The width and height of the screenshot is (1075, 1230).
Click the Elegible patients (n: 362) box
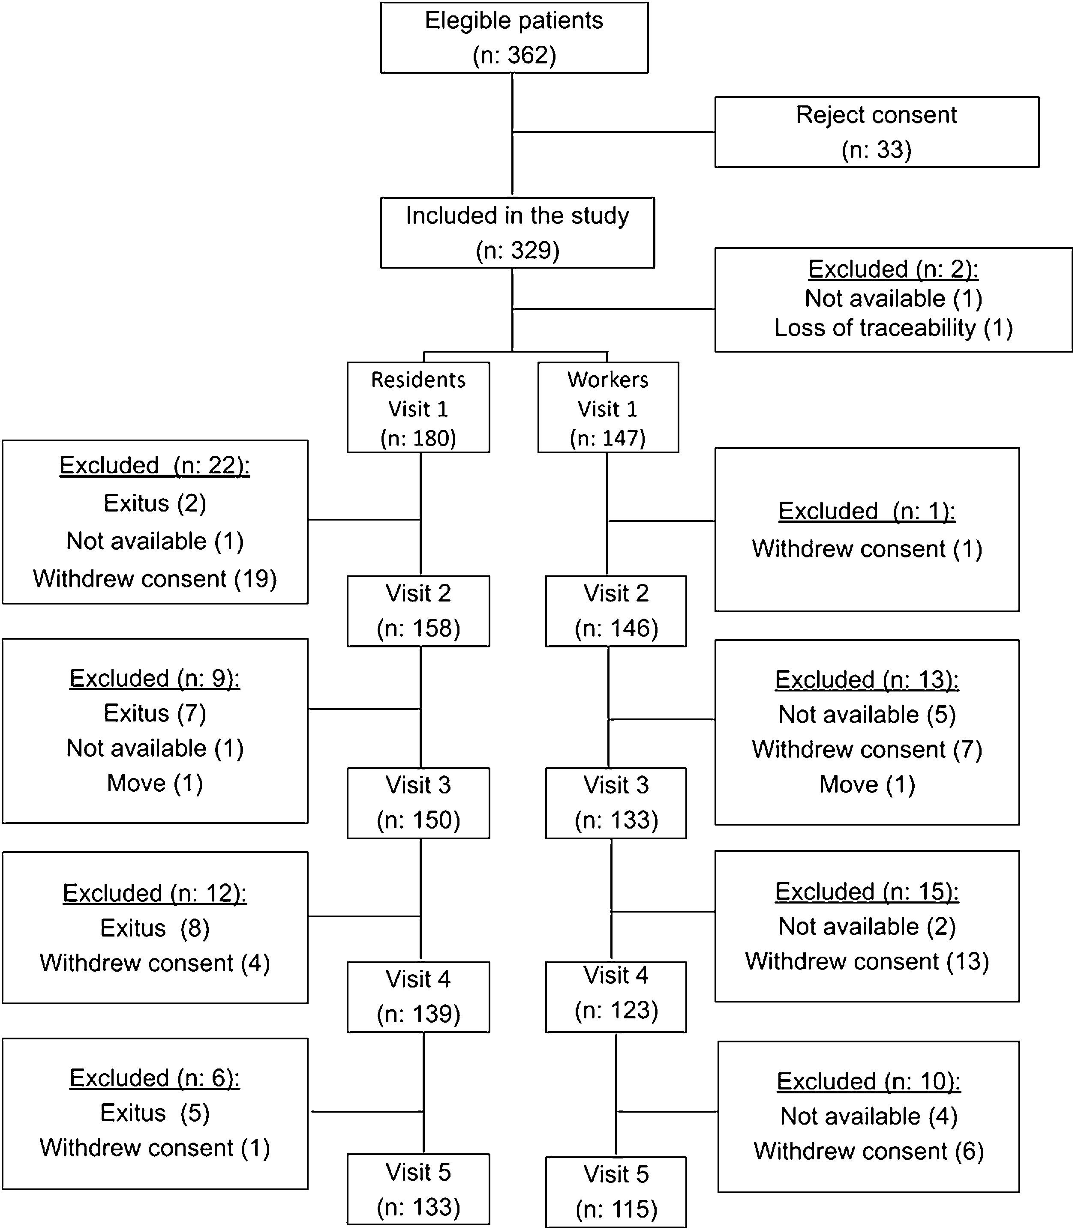[514, 38]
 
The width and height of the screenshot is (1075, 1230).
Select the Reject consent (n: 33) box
[877, 132]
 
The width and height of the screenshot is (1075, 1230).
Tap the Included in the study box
[517, 233]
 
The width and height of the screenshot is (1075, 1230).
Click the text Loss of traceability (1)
[893, 328]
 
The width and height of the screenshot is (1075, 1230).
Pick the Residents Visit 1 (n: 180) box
[418, 408]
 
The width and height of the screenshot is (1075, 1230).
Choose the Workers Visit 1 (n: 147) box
[608, 408]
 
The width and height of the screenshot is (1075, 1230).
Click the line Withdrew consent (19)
[155, 579]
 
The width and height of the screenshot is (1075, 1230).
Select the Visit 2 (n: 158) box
[418, 611]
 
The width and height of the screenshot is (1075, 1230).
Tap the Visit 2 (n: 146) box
[616, 611]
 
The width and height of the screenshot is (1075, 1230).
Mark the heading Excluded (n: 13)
[867, 680]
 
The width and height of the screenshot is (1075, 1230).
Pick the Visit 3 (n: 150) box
[418, 803]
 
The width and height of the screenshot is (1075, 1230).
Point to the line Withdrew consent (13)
[867, 961]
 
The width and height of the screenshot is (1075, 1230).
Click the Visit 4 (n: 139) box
[418, 997]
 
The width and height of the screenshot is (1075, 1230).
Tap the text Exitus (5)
[155, 1113]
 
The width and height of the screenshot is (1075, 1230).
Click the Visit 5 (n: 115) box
[616, 1192]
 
